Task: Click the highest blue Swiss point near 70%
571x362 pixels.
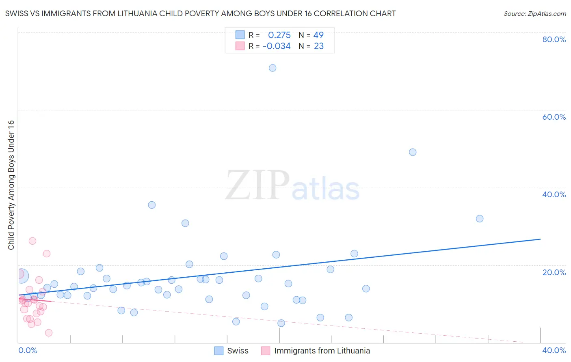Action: click(x=273, y=68)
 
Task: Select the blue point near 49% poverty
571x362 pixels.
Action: click(x=413, y=152)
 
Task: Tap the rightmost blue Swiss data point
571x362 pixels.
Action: click(x=480, y=219)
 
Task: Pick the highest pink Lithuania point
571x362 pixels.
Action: click(x=32, y=241)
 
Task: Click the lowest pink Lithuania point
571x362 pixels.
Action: click(x=49, y=333)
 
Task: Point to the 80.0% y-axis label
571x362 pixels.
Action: click(x=554, y=39)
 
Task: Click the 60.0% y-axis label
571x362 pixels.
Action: click(x=554, y=117)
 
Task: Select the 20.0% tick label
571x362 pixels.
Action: click(x=554, y=272)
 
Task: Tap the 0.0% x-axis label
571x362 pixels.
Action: click(x=28, y=350)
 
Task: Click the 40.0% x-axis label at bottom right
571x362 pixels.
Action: click(x=554, y=350)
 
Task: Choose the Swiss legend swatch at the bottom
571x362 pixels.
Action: click(x=219, y=351)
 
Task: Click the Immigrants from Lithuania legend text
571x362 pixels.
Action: click(x=322, y=351)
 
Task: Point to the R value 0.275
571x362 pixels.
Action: click(x=279, y=35)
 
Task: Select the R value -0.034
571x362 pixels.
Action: click(x=277, y=46)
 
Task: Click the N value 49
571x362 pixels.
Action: click(x=318, y=35)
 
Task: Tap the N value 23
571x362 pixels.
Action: click(x=319, y=46)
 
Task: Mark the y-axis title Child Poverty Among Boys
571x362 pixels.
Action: click(x=11, y=185)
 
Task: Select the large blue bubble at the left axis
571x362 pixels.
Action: click(x=21, y=276)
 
